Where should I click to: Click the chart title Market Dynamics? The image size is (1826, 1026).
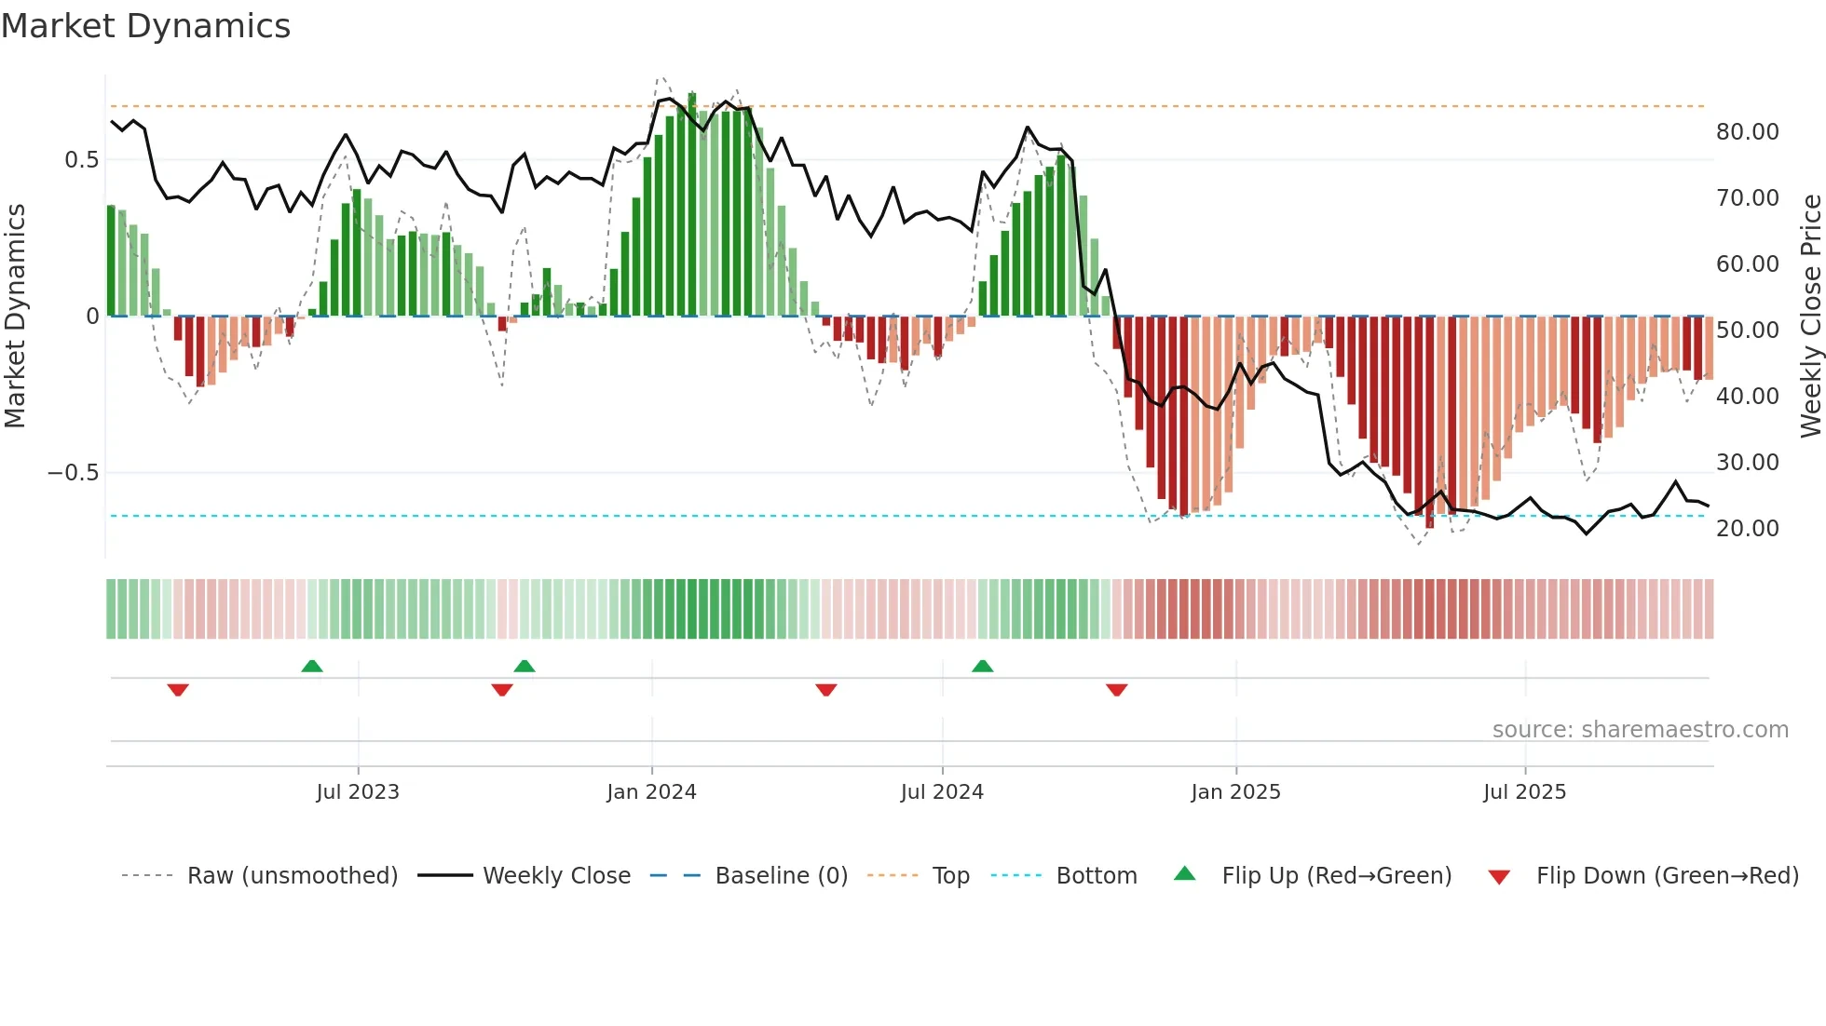tap(145, 26)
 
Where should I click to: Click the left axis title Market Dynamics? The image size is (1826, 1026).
tap(15, 316)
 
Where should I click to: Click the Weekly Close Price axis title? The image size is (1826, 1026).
tap(1810, 316)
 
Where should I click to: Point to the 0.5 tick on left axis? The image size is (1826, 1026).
tap(81, 160)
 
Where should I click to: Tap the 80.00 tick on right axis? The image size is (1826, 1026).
tap(1747, 132)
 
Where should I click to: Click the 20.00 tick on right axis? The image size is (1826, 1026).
tap(1747, 529)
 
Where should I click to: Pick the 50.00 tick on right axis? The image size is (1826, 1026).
tap(1747, 331)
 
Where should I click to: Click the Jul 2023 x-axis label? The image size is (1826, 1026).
tap(358, 792)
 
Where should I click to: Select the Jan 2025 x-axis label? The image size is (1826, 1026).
tap(1235, 792)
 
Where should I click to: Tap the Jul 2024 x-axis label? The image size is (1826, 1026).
tap(942, 792)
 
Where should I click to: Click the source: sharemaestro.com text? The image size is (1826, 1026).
tap(1640, 730)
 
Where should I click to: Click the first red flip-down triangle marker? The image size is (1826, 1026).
tap(178, 690)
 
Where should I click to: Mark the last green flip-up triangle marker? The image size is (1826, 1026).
tap(982, 666)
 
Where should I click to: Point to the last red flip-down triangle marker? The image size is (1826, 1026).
tap(1116, 690)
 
